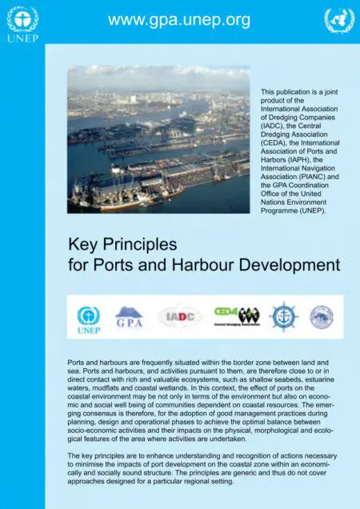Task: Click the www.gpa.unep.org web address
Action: pos(179,18)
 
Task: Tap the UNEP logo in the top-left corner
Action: pos(22,23)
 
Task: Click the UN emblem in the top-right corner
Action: pos(339,21)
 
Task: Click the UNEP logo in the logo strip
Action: pos(89,318)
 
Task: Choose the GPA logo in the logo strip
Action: pos(130,317)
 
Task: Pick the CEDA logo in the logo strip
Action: pos(237,315)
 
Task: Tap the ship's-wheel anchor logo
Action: pos(284,317)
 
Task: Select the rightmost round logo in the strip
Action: pos(322,317)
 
